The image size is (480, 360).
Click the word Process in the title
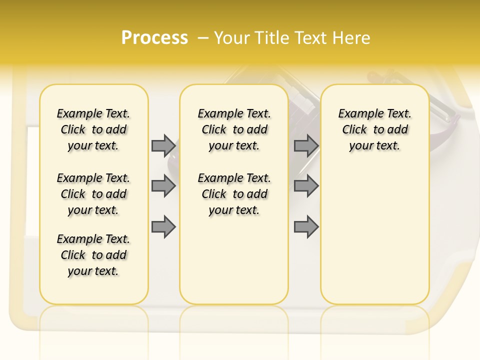coord(154,37)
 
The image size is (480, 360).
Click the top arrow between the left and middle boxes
coord(163,145)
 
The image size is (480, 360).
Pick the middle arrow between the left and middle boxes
coord(163,186)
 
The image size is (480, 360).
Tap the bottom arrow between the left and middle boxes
coord(163,227)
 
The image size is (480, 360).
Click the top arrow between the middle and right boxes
coord(306,145)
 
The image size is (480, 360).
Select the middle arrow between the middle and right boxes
coord(306,186)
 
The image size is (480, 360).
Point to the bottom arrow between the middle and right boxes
coord(306,227)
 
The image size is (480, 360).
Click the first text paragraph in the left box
coord(93,129)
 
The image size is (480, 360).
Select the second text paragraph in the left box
coord(93,194)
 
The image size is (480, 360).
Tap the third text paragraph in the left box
coord(93,255)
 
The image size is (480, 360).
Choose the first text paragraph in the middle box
coord(234,129)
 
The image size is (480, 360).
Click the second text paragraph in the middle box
coord(234,194)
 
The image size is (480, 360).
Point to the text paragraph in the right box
coord(374,129)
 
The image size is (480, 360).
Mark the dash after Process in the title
coord(203,37)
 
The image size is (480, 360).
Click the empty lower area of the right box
coord(374,235)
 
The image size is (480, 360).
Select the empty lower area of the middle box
coord(234,260)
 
